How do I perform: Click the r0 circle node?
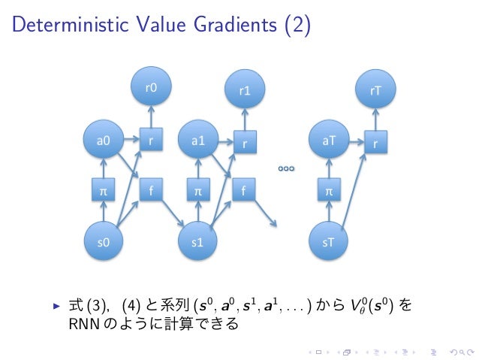coord(151,87)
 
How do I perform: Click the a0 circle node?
coord(104,140)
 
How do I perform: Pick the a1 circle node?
coord(198,140)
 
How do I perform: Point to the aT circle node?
coord(329,140)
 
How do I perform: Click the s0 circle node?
coord(104,243)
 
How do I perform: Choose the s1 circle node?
coord(198,243)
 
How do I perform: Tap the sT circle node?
coord(329,243)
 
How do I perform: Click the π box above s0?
coord(104,192)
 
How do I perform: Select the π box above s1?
coord(198,192)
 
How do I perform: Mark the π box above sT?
coord(329,192)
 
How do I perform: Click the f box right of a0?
coord(151,191)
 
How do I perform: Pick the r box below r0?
coord(151,140)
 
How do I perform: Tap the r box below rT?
coord(375,141)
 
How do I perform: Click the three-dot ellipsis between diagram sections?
coord(285,169)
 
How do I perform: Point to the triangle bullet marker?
coord(56,307)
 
